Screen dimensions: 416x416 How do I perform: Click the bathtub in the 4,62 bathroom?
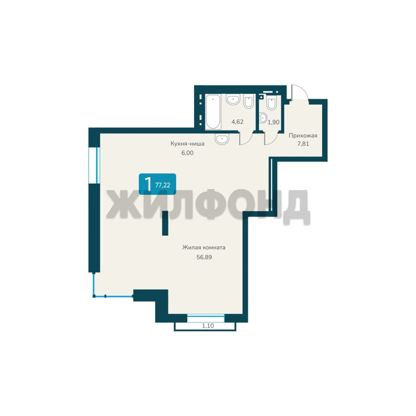(213, 111)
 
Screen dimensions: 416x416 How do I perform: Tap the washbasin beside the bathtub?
(233, 99)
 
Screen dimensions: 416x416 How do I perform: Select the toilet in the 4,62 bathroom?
(248, 101)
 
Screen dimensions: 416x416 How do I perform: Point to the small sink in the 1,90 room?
(263, 118)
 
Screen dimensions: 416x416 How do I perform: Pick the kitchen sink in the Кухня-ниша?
(222, 139)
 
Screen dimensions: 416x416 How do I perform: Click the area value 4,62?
(237, 122)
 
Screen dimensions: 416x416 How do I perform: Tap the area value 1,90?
(273, 122)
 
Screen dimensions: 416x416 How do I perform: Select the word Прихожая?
(303, 136)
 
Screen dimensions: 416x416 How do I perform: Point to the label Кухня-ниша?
(187, 144)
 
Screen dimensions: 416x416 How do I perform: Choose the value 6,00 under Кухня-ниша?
(187, 153)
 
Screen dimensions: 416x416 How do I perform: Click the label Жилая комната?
(204, 248)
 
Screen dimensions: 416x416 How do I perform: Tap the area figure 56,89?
(204, 257)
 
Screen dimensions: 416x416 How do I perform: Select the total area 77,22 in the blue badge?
(163, 185)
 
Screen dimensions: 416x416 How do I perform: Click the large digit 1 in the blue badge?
(148, 184)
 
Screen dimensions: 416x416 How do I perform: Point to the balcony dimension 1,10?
(208, 326)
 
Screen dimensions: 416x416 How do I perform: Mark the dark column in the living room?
(165, 223)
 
